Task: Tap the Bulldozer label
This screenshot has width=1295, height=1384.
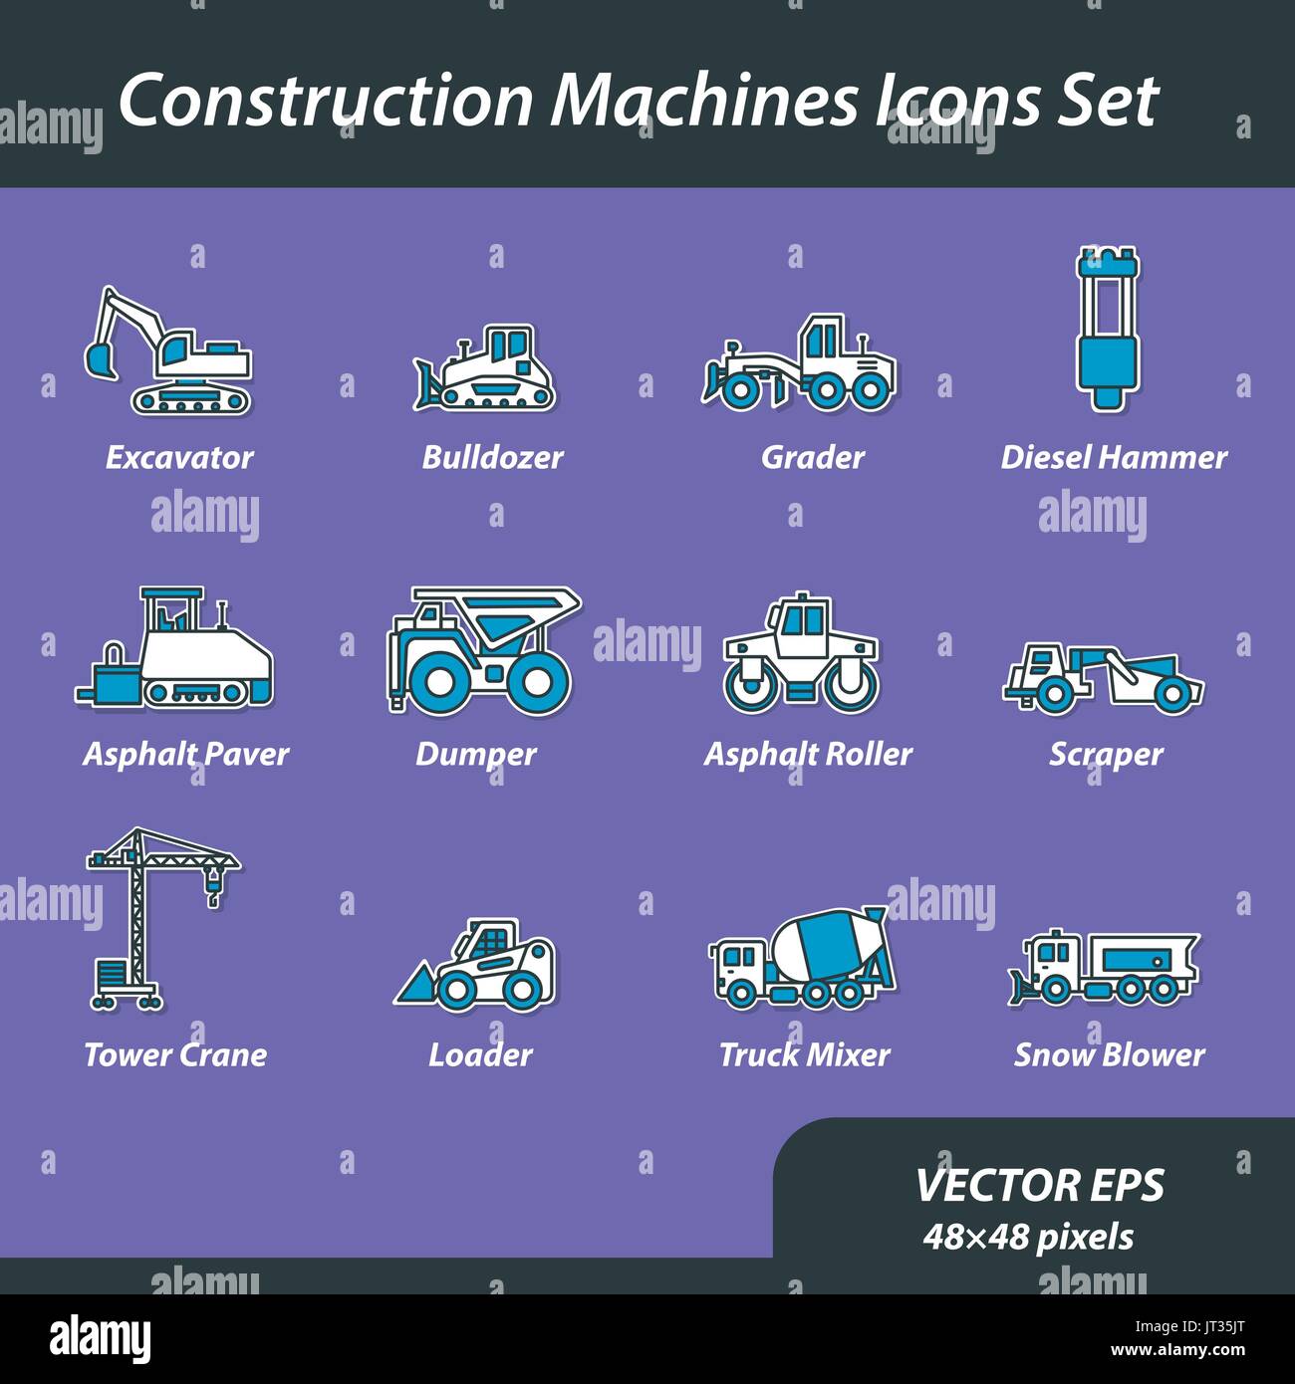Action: [x=492, y=457]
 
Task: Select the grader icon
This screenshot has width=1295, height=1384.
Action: [x=800, y=363]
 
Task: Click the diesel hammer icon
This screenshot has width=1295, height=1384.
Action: [x=1107, y=328]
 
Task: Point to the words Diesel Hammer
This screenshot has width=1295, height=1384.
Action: [x=1113, y=457]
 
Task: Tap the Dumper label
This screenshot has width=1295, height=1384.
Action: [x=475, y=754]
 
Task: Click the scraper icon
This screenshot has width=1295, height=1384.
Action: [x=1103, y=678]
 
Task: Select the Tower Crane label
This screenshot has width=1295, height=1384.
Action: [x=175, y=1054]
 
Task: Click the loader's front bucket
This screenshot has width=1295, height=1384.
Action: [x=417, y=985]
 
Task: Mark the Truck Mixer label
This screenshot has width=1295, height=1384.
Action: [x=804, y=1054]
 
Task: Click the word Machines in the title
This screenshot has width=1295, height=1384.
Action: [x=703, y=100]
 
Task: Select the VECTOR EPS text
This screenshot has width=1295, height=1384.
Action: [x=1039, y=1185]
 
